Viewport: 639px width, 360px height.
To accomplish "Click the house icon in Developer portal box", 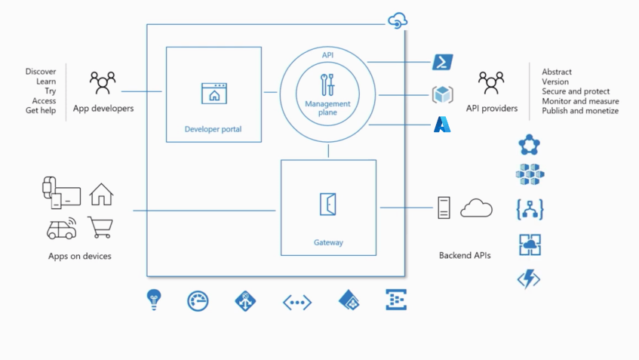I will pos(214,94).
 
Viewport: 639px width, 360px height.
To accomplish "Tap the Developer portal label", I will pos(214,129).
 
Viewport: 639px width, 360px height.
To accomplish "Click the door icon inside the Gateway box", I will pos(327,205).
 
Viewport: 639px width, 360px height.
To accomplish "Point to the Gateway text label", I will pos(328,243).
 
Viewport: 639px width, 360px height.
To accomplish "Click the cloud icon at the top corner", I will pos(397,21).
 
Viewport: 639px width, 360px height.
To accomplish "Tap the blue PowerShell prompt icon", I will pos(443,62).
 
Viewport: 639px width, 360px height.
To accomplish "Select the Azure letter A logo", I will pos(442,125).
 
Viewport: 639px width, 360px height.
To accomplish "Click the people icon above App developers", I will pos(103,81).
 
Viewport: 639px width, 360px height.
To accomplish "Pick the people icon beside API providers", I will pos(491,81).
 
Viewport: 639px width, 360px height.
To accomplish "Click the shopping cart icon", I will pos(100,226).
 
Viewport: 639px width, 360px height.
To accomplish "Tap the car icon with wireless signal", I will pos(61,227).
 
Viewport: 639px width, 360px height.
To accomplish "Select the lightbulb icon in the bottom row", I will pos(154,300).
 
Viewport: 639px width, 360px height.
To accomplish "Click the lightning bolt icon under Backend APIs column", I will pos(529,279).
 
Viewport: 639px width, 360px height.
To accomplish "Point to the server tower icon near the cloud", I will pos(444,208).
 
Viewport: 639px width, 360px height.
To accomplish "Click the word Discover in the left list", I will pos(41,72).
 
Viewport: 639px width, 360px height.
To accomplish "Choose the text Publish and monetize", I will pos(579,111).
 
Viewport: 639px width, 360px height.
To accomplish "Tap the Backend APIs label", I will pos(465,256).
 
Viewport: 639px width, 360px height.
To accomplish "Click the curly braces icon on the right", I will pos(530,209).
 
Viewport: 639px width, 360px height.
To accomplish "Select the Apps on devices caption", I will pos(80,257).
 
